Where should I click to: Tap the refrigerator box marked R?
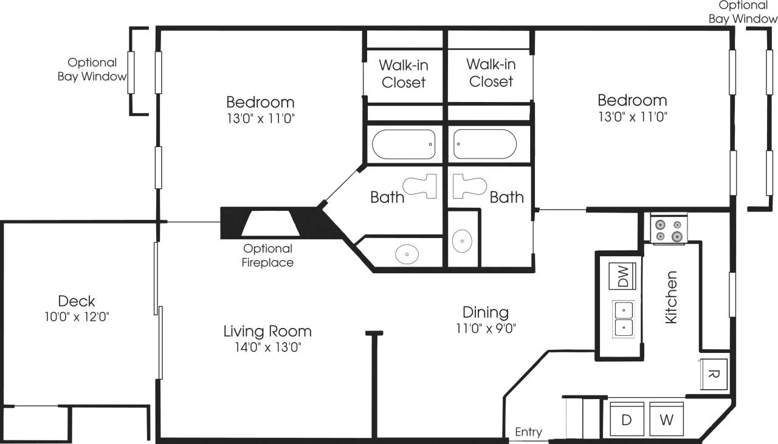coord(714,374)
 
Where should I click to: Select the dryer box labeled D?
coord(626,420)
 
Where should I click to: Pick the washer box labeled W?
coord(667,420)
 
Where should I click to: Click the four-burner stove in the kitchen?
coord(668,229)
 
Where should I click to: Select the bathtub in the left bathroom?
coord(404,145)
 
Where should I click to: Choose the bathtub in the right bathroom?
coord(485,145)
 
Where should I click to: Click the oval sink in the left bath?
coord(407,254)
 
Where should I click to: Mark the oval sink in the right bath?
coord(463,241)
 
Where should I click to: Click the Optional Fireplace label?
coord(267,256)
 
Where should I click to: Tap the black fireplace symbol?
coord(270,223)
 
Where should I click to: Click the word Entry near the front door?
coord(528,432)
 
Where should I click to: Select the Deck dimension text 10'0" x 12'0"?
coord(76,316)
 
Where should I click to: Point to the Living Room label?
coord(267,331)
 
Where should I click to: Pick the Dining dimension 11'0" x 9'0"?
coord(485,329)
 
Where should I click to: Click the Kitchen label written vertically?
coord(671,297)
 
